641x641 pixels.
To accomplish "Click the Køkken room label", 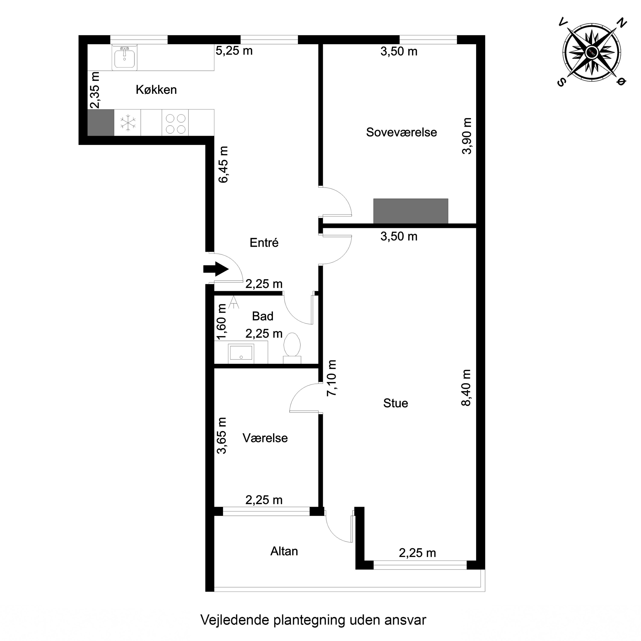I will click(156, 90).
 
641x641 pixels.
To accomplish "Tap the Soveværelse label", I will click(401, 132).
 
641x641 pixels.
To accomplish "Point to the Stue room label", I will click(395, 403).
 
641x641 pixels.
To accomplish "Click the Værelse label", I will click(265, 438).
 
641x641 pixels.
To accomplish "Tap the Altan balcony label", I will click(284, 551).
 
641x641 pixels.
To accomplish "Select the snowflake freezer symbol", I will click(127, 123).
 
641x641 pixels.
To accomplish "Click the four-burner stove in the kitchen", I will click(175, 123).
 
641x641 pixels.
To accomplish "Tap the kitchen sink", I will click(124, 58).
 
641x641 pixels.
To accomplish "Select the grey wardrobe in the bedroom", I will click(410, 211).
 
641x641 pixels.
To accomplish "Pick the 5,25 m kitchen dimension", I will click(234, 51).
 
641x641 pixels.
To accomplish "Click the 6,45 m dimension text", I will click(223, 165).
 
